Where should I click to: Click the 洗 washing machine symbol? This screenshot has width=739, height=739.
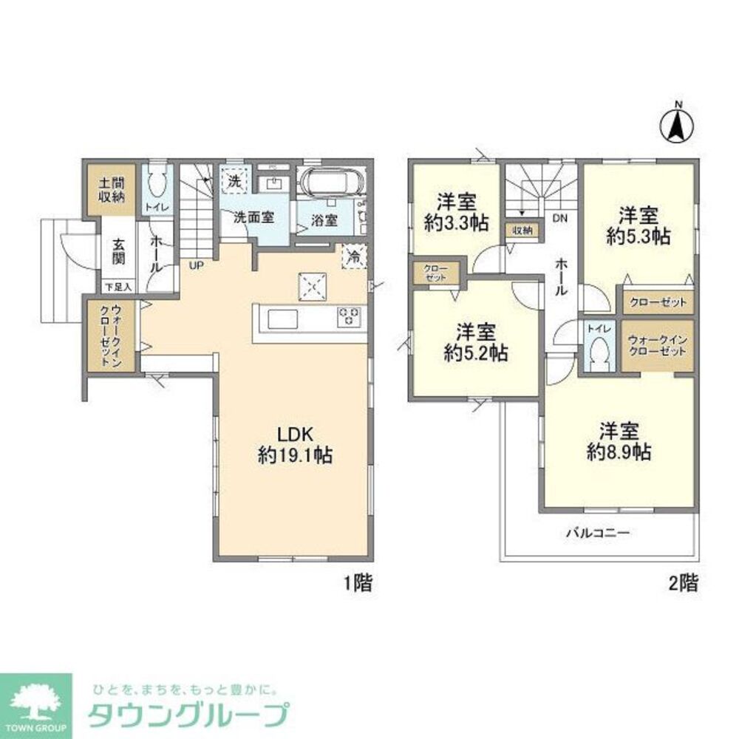point(234,180)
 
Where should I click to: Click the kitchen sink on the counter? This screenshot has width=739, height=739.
point(282,319)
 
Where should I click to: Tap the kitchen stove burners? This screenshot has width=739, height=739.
point(349,317)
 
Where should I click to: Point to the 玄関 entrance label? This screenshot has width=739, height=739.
point(118,251)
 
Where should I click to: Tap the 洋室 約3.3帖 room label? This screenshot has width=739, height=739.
point(455,213)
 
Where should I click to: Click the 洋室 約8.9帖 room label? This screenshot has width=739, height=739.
point(619,441)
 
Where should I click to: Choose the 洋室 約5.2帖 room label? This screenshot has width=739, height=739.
point(474,343)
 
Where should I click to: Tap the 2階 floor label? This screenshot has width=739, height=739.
point(684,583)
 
